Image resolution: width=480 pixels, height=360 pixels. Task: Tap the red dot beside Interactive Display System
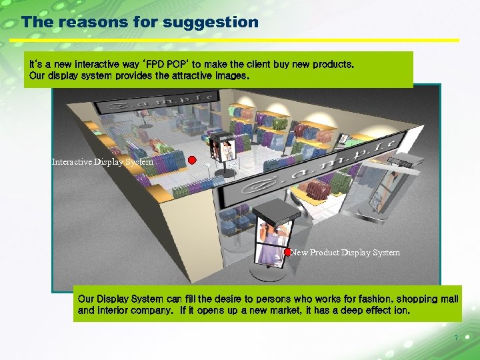(x=191, y=160)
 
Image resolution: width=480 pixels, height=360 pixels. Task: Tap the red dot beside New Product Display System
(x=287, y=252)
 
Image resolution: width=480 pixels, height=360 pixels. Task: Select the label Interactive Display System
(x=103, y=162)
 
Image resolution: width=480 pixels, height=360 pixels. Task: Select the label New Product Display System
(x=345, y=253)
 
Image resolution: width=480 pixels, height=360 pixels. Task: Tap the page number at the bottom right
(x=456, y=338)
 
